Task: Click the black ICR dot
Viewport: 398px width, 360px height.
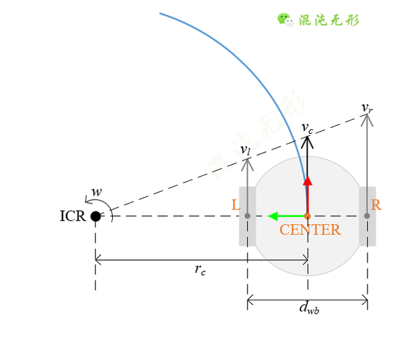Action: click(96, 216)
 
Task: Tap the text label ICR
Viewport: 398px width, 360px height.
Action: click(72, 216)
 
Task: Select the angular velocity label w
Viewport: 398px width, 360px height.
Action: click(97, 192)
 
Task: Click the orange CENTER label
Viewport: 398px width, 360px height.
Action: click(310, 230)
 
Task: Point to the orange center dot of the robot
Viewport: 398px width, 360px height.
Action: click(308, 216)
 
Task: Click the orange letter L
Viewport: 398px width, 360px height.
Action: click(235, 206)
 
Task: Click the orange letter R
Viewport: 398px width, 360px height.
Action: click(376, 206)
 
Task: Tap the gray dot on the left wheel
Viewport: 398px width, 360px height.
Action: click(247, 216)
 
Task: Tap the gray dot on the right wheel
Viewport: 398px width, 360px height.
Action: click(367, 216)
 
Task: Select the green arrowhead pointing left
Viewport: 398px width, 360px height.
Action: click(273, 216)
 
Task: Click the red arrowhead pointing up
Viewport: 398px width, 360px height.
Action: click(308, 180)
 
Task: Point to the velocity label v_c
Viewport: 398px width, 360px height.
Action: click(307, 127)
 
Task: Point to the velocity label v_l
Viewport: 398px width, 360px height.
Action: click(245, 150)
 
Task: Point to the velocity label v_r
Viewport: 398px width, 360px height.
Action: click(367, 107)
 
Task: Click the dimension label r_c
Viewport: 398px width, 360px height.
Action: click(200, 269)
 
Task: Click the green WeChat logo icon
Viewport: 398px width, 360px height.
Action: click(286, 19)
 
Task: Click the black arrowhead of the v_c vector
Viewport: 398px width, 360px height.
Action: click(308, 141)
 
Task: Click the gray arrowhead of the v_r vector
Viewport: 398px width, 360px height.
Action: click(367, 119)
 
